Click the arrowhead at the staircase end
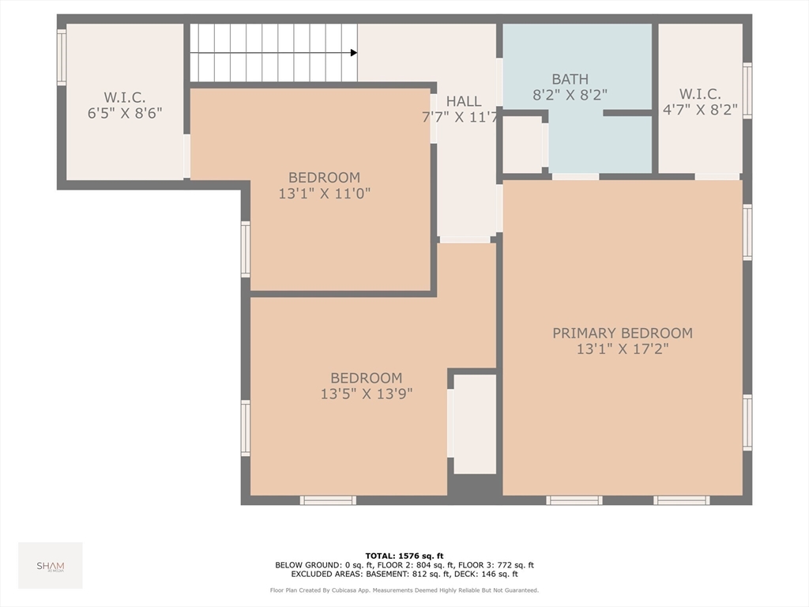pos(353,53)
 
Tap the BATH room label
pos(570,79)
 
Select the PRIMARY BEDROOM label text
pos(622,334)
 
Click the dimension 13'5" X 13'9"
pos(366,394)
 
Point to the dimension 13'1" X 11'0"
pos(324,193)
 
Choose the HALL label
pos(463,101)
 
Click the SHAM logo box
pos(51,565)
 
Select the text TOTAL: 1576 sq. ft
pos(404,556)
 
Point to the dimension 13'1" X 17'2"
pos(622,349)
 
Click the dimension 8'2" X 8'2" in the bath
pos(570,94)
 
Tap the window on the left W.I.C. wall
pos(62,57)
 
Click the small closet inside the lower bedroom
pos(474,424)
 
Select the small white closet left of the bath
pos(522,145)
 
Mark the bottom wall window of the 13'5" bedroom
pos(328,500)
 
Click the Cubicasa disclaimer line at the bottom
pos(404,590)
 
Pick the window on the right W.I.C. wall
pos(747,90)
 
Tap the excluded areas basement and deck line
pos(404,575)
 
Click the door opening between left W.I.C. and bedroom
pos(187,156)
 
